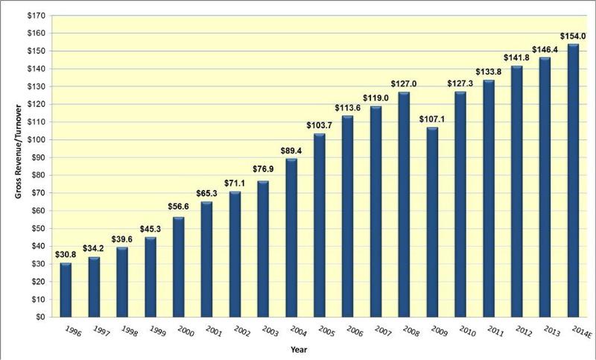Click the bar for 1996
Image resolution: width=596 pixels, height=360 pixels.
[x=66, y=290]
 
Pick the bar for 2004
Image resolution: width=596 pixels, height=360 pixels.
[x=291, y=238]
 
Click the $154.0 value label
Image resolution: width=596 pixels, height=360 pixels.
[x=574, y=36]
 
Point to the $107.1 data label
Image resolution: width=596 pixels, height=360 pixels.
[x=432, y=119]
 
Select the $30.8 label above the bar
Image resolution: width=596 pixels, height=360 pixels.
[x=66, y=254]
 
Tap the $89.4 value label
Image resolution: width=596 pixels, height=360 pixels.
[x=291, y=150]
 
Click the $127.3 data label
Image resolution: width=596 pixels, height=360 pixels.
[x=460, y=83]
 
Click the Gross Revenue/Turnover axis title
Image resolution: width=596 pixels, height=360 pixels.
[x=13, y=166]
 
